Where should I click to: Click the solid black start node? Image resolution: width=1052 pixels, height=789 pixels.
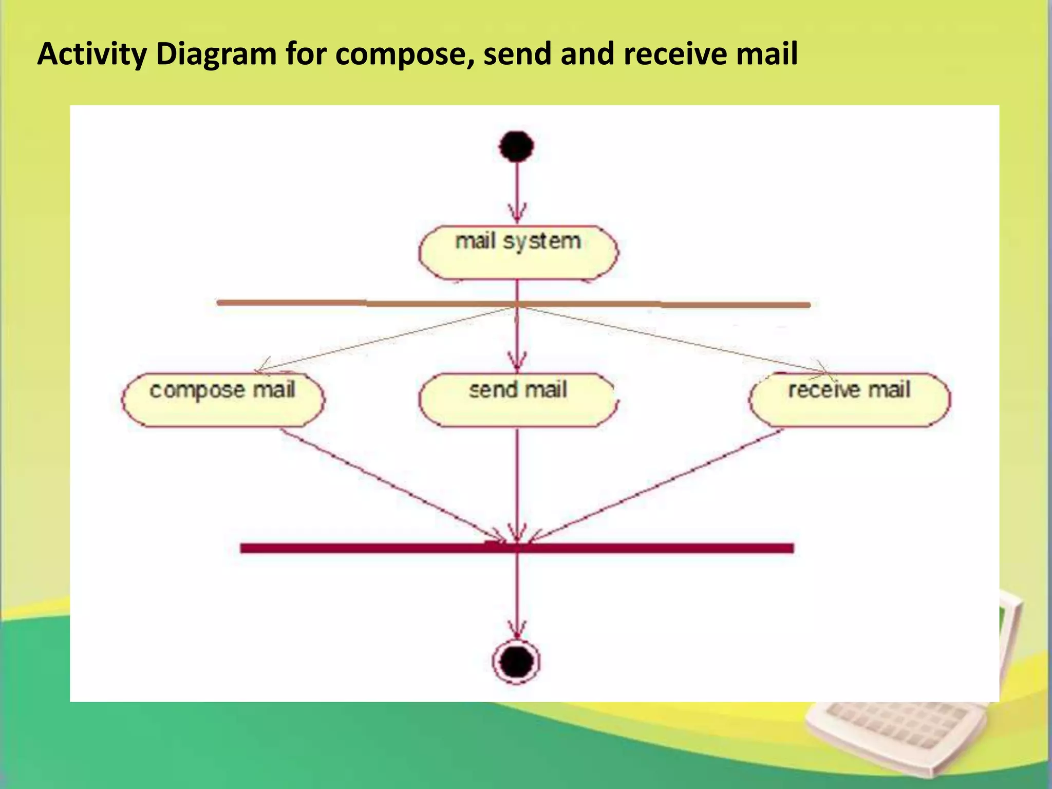tap(516, 146)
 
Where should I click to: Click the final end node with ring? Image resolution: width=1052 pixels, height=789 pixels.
tap(516, 661)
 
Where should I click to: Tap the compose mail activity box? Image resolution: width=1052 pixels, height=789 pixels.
tap(223, 400)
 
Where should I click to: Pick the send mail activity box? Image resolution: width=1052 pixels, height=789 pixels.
tap(518, 400)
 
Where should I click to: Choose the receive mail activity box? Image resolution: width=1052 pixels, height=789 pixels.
tap(850, 400)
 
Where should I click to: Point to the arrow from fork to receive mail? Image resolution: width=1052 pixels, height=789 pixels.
tap(668, 339)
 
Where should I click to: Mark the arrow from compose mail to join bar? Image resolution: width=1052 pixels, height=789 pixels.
tap(390, 485)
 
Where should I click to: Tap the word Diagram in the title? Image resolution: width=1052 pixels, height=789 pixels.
tap(216, 54)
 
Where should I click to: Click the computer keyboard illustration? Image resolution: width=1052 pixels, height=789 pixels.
tap(894, 729)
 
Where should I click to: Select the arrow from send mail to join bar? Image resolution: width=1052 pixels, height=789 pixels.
tap(517, 483)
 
